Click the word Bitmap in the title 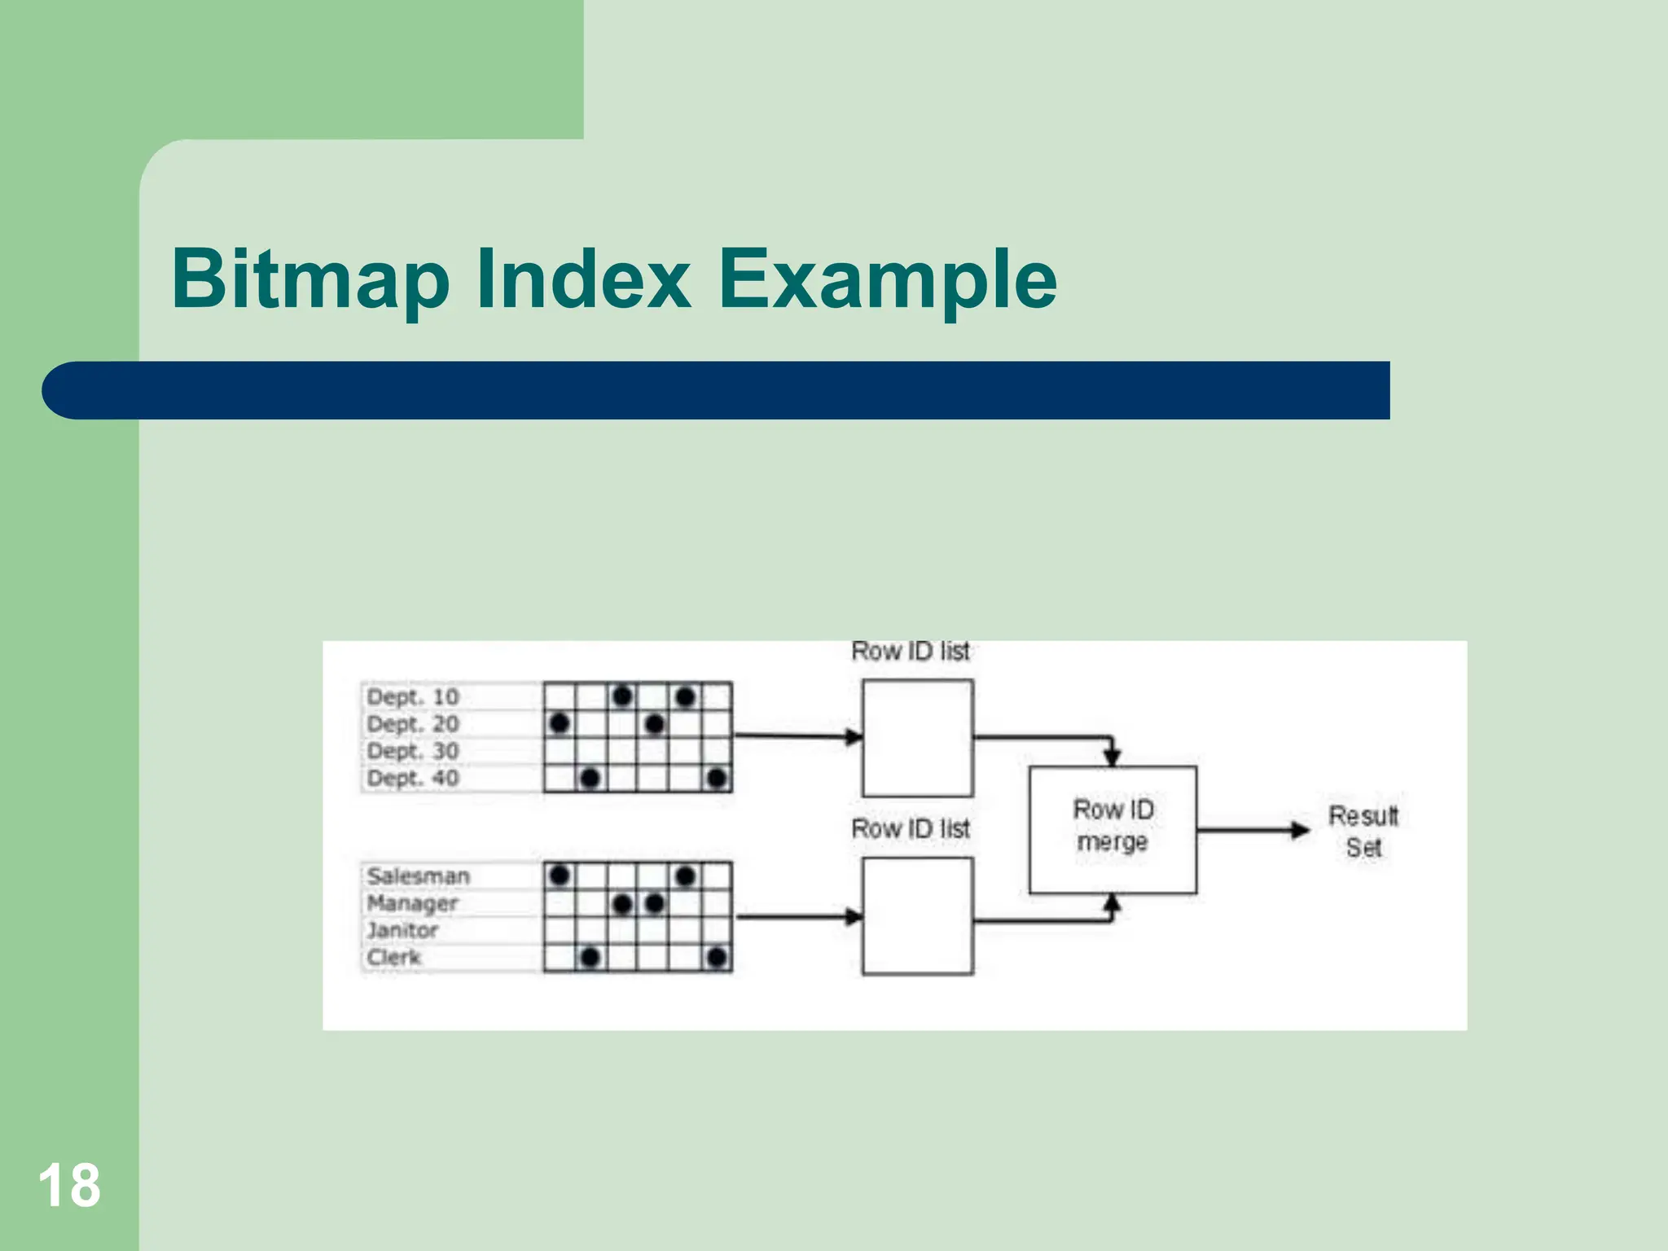[310, 279]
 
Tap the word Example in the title [887, 279]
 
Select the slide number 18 [69, 1185]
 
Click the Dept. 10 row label [413, 697]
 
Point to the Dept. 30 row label [413, 751]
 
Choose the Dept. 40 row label [413, 778]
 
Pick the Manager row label [413, 903]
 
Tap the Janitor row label [402, 930]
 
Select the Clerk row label [394, 957]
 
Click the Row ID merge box [1113, 829]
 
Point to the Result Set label [1363, 832]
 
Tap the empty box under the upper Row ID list [918, 738]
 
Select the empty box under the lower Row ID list [918, 916]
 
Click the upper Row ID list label [911, 652]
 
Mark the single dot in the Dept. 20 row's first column [560, 723]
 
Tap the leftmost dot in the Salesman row [560, 876]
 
